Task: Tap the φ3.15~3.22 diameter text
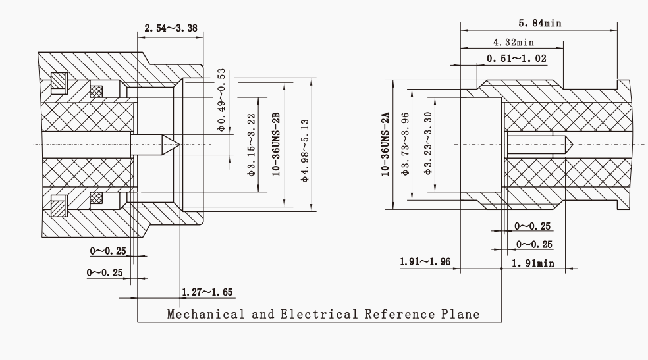click(251, 145)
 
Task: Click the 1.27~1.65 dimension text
click(207, 292)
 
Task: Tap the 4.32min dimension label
click(513, 42)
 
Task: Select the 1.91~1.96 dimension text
click(425, 263)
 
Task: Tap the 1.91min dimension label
click(533, 263)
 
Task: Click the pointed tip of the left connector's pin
click(177, 144)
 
